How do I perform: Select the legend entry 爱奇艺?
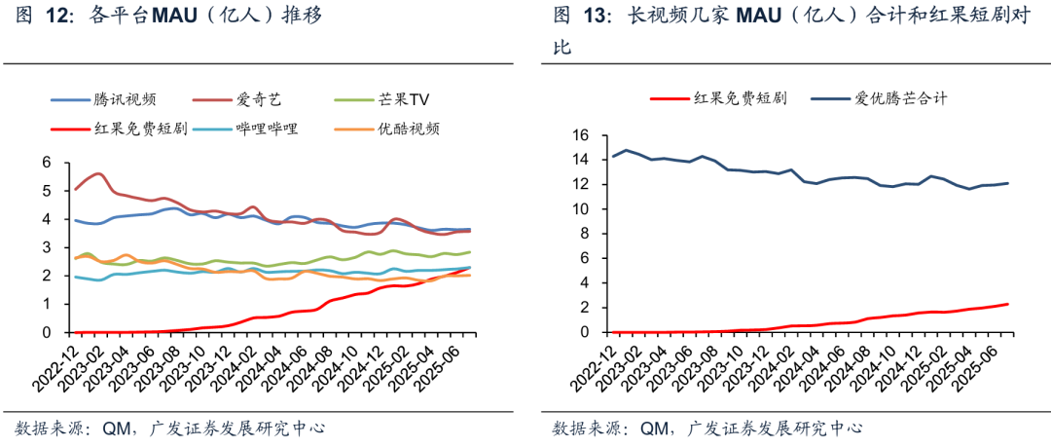(x=258, y=99)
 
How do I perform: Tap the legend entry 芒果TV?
(x=404, y=99)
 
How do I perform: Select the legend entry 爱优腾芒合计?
(x=900, y=98)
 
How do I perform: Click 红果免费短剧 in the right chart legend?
(x=740, y=98)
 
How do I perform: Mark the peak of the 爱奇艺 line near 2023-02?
(x=97, y=173)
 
